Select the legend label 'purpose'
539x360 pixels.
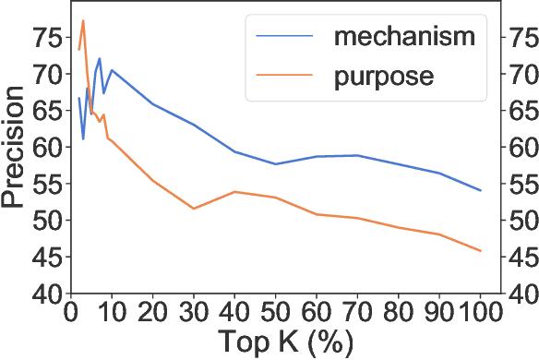click(x=383, y=76)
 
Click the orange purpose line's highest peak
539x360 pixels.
click(x=83, y=20)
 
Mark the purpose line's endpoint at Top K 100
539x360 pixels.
click(x=480, y=251)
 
